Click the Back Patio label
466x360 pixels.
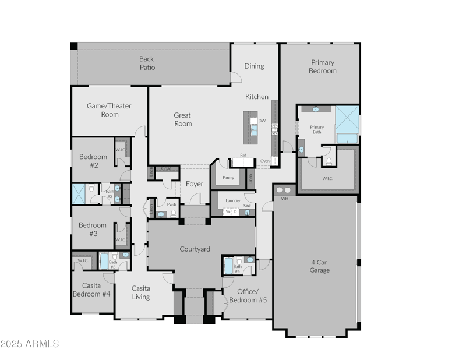tap(147, 63)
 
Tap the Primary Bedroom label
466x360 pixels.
tap(323, 66)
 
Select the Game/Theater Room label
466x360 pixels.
tap(109, 110)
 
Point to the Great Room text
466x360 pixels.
tap(182, 119)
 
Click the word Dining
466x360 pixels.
tap(254, 66)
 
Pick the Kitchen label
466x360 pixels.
tap(256, 97)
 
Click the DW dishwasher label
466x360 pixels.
tap(262, 121)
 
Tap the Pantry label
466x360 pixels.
tap(228, 178)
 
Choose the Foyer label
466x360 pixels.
tap(194, 184)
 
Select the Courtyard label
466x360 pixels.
tap(195, 249)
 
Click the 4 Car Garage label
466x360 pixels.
tap(320, 266)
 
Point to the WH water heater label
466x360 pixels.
tap(285, 199)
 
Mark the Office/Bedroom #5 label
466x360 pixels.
tap(252, 295)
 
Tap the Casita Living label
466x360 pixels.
tap(140, 292)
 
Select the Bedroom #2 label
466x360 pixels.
tap(93, 161)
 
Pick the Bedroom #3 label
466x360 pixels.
tap(93, 229)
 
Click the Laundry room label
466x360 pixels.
tap(233, 200)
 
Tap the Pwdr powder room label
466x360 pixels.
tap(172, 205)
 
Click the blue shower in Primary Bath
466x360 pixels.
tap(347, 119)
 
